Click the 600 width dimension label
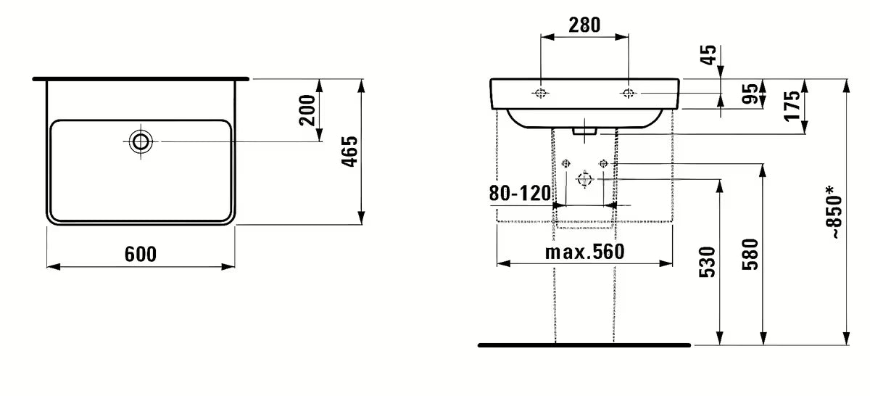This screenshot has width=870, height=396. coord(141,254)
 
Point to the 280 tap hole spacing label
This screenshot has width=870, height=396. coord(584,25)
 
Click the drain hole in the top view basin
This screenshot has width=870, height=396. coord(141,141)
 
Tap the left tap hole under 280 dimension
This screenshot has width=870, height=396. coord(541,93)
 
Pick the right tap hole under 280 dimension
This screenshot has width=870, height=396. coord(628,93)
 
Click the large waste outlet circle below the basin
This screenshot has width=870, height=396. coord(584,179)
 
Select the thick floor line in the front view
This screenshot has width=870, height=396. coord(584,345)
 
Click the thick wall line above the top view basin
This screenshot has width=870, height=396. coord(141,77)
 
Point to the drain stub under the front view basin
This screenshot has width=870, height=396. coord(584,132)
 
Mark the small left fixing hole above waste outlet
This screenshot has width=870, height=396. coord(566,163)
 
